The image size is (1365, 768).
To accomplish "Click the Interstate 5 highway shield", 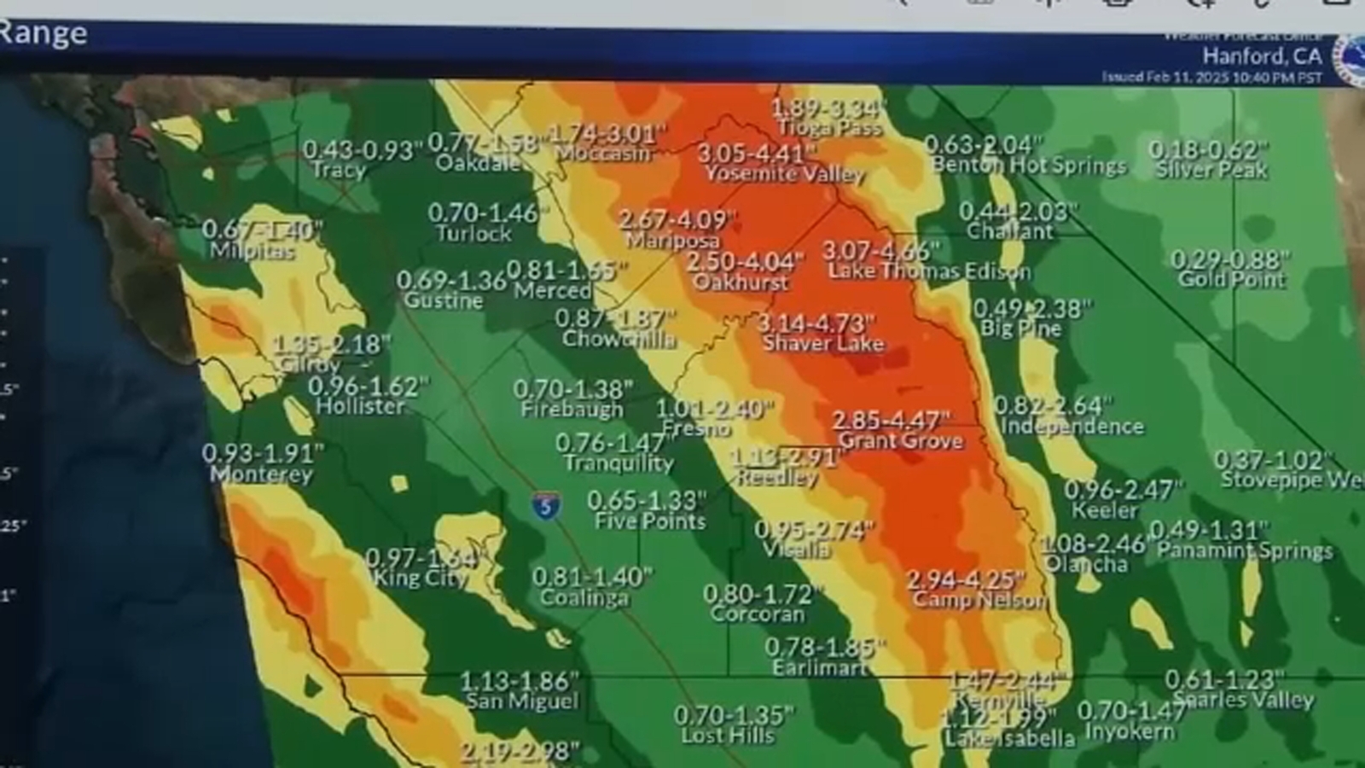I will pos(546,505).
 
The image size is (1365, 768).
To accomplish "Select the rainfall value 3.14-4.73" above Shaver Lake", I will pos(816,324).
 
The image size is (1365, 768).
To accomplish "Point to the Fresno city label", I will pos(697,428).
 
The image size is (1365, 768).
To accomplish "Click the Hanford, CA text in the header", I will pos(1262,56).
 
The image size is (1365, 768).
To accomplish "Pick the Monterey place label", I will pos(261,474).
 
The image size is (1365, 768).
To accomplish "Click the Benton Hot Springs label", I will pos(1029,166).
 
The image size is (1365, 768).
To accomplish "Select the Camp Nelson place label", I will pos(979,600).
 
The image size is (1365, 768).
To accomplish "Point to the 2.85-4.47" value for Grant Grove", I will pos(892,421).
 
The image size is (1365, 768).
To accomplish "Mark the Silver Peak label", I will pos(1211,170).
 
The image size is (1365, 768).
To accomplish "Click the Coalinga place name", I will pos(584,597).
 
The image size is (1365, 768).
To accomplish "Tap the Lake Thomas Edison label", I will pos(929,272).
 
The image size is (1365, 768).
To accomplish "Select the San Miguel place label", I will pos(522,701).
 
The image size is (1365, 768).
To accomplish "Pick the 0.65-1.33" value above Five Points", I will pos(648,500).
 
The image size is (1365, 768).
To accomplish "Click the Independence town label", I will pos(1072,425).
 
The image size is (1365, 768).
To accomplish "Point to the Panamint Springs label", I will pos(1245,550).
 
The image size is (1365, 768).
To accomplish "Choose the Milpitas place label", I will pos(253,251).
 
